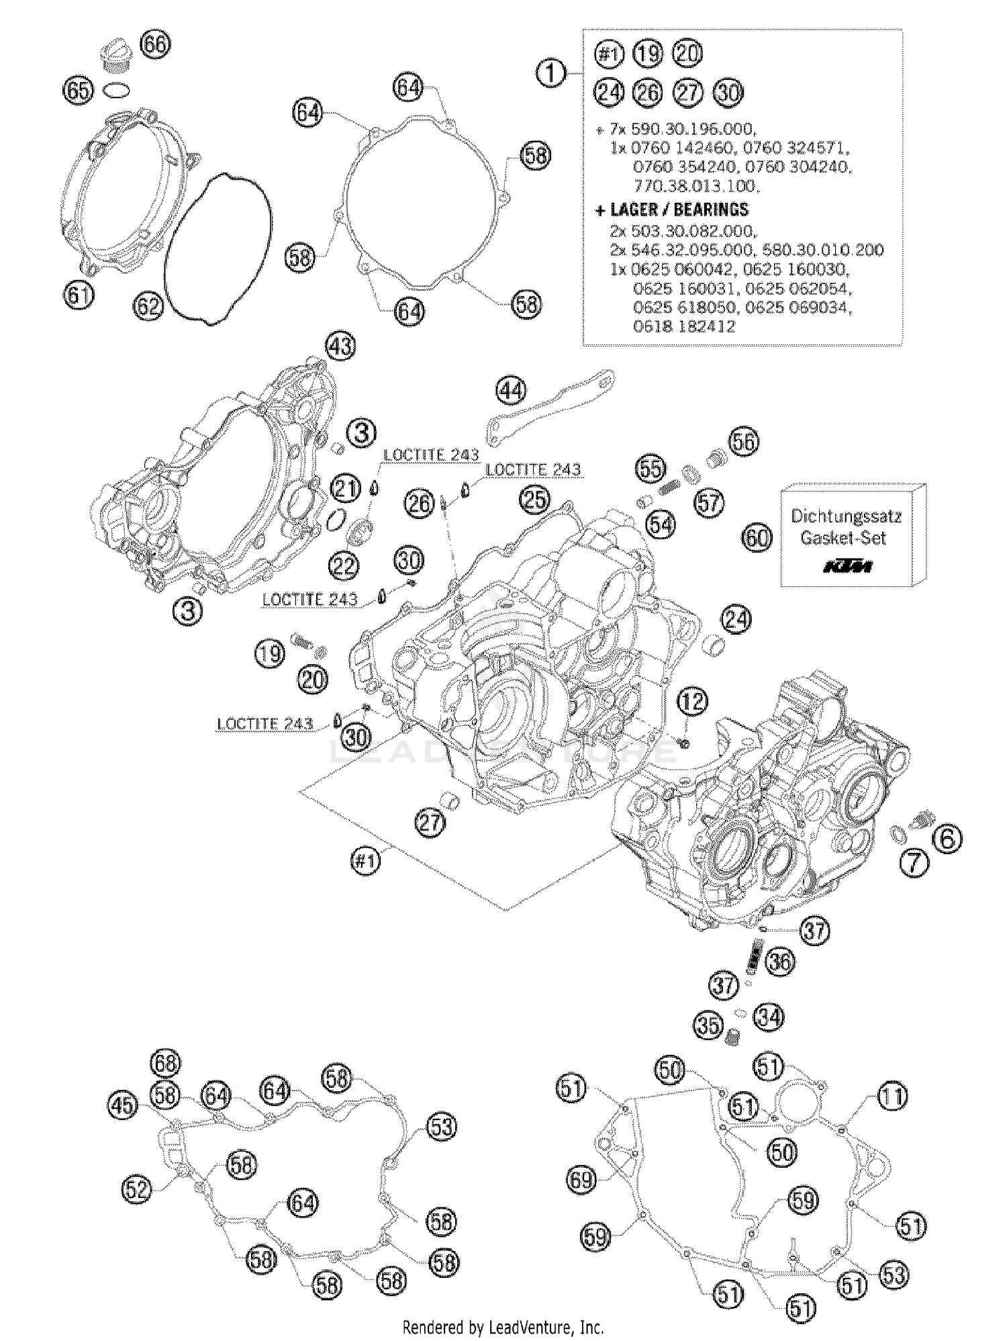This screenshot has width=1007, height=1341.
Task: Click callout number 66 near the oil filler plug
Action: (155, 44)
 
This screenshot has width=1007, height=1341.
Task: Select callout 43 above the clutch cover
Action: (340, 346)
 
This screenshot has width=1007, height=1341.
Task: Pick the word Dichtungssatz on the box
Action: (846, 516)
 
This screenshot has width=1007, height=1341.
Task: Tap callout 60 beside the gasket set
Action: (757, 537)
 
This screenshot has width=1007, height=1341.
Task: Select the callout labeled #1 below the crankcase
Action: (367, 860)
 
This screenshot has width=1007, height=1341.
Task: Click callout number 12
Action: (692, 702)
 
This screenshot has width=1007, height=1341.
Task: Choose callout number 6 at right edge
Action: (947, 839)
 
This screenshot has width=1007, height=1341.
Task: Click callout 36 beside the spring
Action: (779, 962)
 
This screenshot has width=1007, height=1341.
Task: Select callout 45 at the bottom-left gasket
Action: (123, 1106)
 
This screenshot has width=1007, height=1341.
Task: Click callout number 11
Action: (892, 1097)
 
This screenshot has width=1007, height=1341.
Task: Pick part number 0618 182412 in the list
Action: (684, 327)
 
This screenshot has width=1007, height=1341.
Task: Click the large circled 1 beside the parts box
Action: (551, 72)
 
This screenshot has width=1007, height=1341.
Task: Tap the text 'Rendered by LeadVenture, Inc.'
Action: (503, 1326)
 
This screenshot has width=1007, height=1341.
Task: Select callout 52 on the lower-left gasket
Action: (137, 1189)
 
